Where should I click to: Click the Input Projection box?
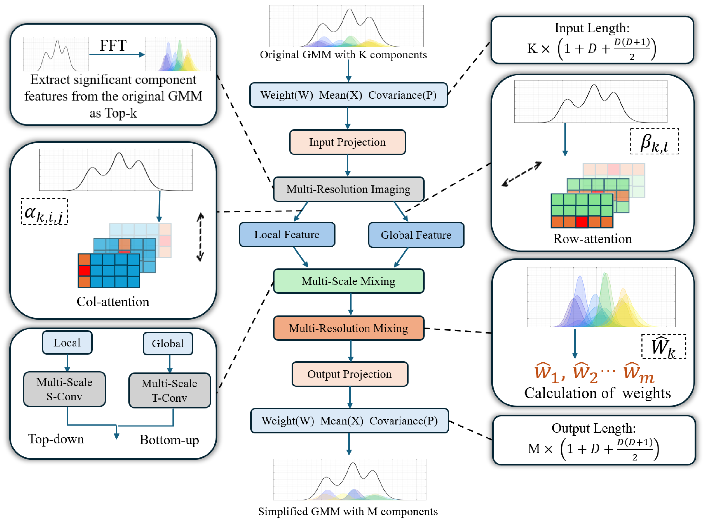347,142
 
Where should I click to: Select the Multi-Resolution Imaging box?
349,189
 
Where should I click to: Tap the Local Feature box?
287,235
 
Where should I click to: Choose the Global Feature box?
416,235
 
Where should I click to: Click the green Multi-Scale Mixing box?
349,281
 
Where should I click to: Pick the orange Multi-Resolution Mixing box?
349,328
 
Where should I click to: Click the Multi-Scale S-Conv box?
65,389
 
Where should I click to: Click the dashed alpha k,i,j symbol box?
44,212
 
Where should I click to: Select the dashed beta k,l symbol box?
654,142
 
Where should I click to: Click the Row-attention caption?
592,239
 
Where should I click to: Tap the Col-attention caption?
113,302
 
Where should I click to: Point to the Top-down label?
56,439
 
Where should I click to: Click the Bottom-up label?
169,440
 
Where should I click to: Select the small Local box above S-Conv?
67,343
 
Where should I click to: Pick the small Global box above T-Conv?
168,343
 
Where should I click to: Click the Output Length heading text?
594,428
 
